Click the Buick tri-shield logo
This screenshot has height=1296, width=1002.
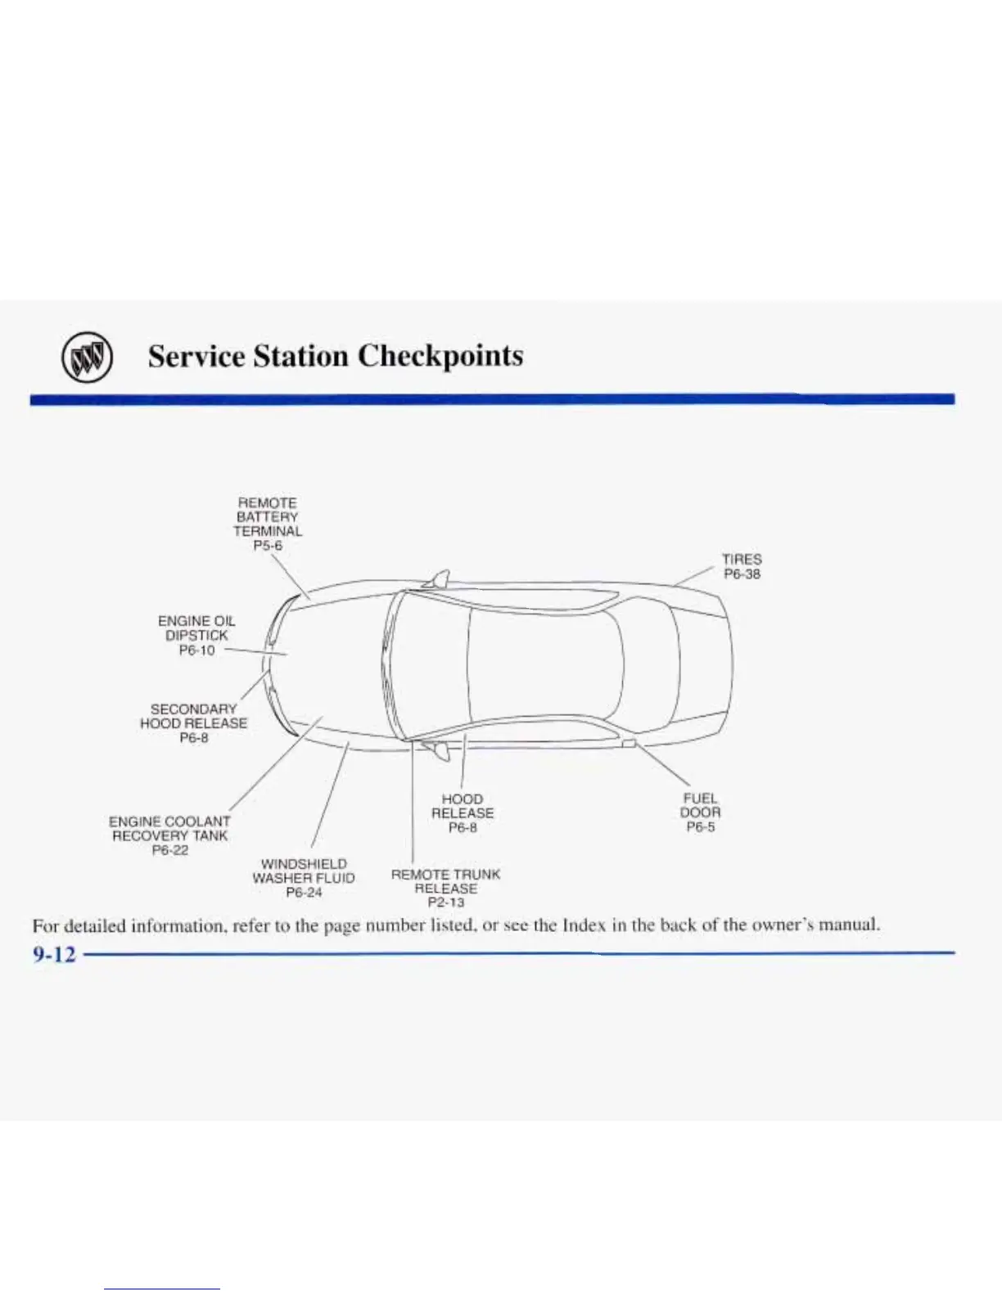(86, 358)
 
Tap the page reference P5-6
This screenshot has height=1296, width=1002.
(268, 546)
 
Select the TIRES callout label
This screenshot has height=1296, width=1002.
(742, 560)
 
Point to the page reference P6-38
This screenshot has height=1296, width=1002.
(742, 574)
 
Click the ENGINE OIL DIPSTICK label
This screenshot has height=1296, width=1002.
(196, 628)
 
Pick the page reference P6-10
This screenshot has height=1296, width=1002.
(196, 650)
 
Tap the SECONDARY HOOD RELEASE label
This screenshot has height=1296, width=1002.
(193, 716)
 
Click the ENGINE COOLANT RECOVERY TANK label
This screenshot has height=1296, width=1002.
(169, 828)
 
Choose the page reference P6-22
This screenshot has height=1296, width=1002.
(169, 851)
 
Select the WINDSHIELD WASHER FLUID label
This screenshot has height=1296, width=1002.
(304, 871)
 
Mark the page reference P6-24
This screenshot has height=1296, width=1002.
(304, 893)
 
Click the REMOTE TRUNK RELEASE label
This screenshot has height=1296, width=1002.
(445, 881)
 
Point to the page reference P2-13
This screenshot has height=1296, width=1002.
(445, 902)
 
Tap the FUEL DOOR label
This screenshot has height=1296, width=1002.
(700, 805)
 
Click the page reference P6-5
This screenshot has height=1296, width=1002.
(700, 827)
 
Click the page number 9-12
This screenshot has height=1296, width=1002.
(54, 954)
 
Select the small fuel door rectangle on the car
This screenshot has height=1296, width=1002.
(629, 743)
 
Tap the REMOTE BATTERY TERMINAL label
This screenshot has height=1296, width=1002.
(268, 516)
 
